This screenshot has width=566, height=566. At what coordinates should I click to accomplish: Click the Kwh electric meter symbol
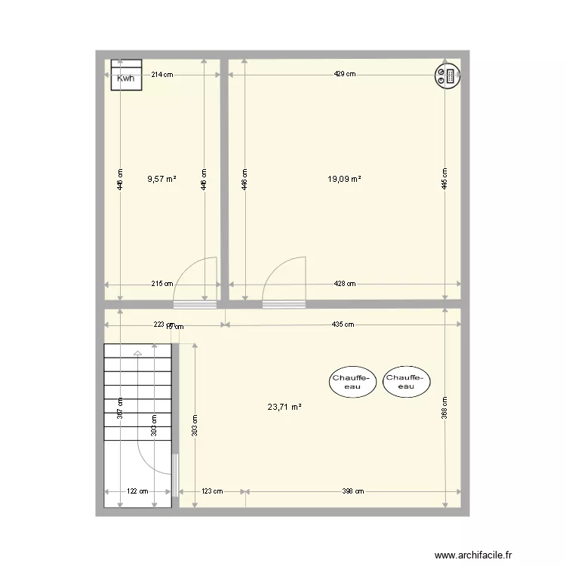(126, 75)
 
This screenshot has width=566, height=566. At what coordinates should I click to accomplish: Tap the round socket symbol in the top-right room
(445, 75)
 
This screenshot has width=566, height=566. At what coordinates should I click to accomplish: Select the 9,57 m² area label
(161, 179)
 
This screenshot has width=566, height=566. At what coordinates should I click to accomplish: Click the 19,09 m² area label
(344, 179)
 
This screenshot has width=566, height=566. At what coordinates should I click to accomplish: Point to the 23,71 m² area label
(285, 407)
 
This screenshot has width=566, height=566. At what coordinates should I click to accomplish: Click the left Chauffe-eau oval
(352, 383)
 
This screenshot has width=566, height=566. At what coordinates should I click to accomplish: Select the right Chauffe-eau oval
(406, 383)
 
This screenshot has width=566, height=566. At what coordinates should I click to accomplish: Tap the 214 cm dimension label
(162, 75)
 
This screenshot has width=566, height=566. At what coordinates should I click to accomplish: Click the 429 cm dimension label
(346, 75)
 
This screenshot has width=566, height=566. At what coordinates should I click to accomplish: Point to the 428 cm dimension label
(345, 284)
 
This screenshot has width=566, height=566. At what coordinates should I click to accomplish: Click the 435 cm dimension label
(343, 325)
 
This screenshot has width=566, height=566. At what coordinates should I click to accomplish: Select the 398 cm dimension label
(353, 491)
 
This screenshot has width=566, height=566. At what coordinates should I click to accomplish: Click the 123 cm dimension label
(212, 491)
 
